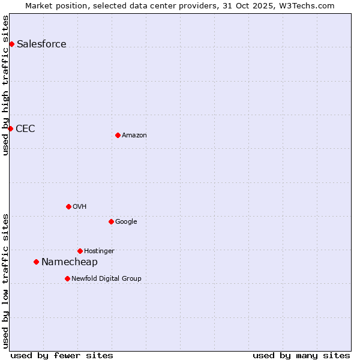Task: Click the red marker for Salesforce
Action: (11, 44)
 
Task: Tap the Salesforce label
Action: (41, 44)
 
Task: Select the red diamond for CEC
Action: (10, 128)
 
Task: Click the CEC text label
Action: (25, 128)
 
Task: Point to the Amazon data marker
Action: (118, 135)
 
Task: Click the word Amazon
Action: (134, 135)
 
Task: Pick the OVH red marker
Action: (68, 206)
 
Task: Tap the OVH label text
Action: (80, 206)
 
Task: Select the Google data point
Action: (111, 221)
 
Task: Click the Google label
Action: (126, 221)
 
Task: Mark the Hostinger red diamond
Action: (80, 251)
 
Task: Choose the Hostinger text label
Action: (99, 251)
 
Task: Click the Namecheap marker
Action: (36, 262)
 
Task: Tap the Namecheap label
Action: (69, 262)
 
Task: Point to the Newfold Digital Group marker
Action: (67, 278)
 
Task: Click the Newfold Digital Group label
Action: (106, 278)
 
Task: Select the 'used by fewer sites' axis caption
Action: (62, 355)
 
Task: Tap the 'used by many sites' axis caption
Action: (301, 355)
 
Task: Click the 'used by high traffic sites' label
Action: (5, 85)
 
